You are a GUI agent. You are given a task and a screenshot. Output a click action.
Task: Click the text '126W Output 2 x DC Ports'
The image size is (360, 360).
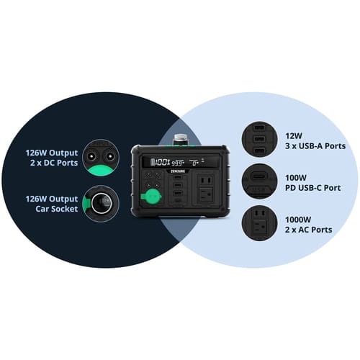click(52, 158)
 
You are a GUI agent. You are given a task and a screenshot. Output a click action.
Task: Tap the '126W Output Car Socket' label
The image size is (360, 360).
click(52, 204)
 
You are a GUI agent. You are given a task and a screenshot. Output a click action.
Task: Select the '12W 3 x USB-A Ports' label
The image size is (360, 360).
click(315, 141)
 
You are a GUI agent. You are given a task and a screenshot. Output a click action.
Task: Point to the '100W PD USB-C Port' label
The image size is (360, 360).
click(312, 183)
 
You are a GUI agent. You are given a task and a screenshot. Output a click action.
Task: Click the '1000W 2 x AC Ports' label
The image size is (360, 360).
click(309, 225)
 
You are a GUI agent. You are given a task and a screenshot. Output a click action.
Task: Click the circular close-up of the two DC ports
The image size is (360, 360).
click(101, 158)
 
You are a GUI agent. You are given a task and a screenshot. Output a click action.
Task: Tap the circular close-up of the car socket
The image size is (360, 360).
click(101, 204)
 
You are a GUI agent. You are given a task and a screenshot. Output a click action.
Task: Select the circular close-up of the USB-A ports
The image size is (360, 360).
click(260, 139)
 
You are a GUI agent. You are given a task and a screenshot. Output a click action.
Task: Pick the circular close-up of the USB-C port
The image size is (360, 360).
click(260, 181)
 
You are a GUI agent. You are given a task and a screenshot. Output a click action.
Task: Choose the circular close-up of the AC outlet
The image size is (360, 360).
click(260, 223)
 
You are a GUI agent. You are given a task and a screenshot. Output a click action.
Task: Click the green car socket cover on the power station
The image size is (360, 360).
click(151, 197)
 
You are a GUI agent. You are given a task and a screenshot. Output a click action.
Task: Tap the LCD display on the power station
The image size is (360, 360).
click(181, 162)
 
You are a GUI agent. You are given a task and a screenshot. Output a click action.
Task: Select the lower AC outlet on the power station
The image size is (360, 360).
click(207, 194)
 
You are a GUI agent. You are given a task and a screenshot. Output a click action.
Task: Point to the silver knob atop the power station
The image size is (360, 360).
click(181, 139)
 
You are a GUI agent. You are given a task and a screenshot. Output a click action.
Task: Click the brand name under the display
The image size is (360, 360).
click(178, 171)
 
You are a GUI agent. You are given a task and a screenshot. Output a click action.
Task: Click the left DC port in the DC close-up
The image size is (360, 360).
click(91, 156)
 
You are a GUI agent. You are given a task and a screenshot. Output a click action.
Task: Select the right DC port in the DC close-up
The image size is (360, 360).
click(110, 156)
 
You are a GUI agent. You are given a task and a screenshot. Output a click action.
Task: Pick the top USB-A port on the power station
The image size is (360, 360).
click(178, 178)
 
